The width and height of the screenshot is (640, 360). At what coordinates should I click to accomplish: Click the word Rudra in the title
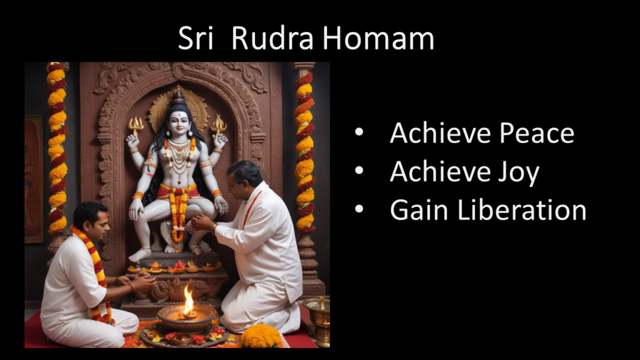[x=272, y=38]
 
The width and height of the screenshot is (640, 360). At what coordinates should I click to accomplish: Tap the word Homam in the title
[x=378, y=38]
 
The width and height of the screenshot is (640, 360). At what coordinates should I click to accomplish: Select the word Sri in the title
[x=196, y=38]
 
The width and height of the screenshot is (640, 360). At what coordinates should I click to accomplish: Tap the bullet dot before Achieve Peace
[x=359, y=132]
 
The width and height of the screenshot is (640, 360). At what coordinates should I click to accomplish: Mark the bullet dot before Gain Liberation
[x=359, y=209]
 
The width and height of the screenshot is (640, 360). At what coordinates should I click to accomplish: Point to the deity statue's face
[x=179, y=122]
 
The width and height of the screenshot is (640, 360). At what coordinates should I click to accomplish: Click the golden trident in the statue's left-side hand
[x=135, y=126]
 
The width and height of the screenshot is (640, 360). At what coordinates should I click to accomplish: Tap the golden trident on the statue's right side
[x=219, y=124]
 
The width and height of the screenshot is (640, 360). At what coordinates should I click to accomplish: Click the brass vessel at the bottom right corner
[x=317, y=321]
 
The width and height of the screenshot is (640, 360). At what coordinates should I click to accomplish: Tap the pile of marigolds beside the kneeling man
[x=261, y=336]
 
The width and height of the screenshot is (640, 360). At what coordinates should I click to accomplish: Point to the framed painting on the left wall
[x=34, y=179]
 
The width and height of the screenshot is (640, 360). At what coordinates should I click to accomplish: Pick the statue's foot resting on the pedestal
[x=139, y=255]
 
